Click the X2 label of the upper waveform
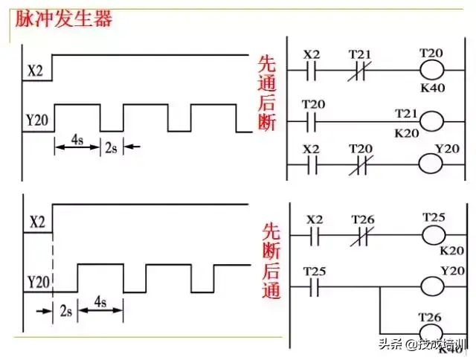click(35, 72)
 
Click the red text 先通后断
click(266, 93)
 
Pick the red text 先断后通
click(269, 260)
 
